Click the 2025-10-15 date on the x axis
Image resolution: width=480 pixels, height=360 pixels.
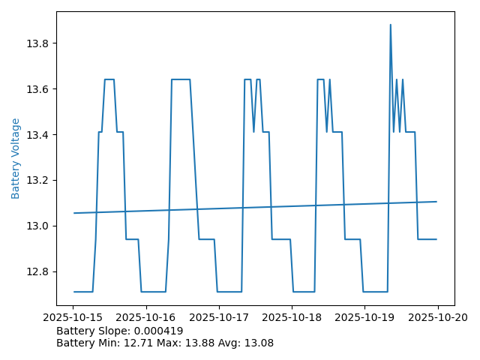pyautogui.click(x=73, y=317)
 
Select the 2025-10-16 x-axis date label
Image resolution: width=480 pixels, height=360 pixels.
pyautogui.click(x=146, y=317)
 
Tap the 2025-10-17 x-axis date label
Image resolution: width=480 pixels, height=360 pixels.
pyautogui.click(x=219, y=317)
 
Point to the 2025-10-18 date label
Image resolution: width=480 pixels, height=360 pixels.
pyautogui.click(x=292, y=317)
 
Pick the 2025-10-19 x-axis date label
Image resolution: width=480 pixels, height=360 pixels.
pyautogui.click(x=364, y=317)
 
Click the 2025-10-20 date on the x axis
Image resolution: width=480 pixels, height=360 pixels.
pyautogui.click(x=437, y=317)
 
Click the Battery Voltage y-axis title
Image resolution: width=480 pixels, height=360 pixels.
pyautogui.click(x=16, y=158)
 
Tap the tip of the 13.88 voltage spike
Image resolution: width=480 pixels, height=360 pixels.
pyautogui.click(x=390, y=25)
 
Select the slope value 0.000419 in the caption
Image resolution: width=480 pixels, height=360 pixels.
pyautogui.click(x=159, y=331)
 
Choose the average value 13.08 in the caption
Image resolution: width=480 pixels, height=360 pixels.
pyautogui.click(x=258, y=343)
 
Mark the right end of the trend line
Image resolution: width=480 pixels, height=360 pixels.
pyautogui.click(x=436, y=201)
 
